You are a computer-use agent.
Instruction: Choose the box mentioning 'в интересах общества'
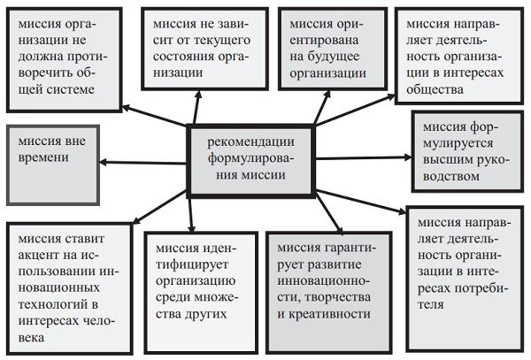[459, 56]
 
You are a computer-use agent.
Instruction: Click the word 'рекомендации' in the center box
[250, 142]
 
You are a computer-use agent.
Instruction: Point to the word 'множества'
[204, 296]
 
